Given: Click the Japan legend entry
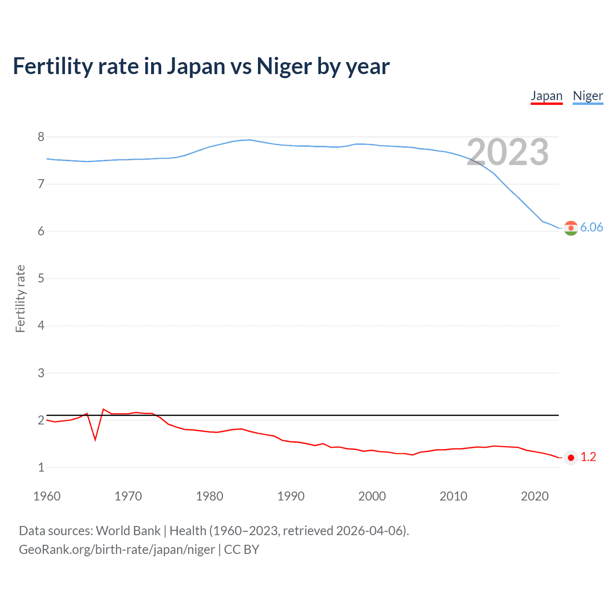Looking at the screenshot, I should tap(546, 96).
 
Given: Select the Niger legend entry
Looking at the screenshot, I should tap(588, 96).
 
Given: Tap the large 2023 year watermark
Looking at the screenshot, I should tap(507, 152).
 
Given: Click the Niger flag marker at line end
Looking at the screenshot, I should tap(571, 228).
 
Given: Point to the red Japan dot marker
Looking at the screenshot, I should tap(571, 458).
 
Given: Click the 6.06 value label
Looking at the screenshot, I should tap(591, 227).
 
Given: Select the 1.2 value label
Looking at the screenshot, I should tap(588, 457).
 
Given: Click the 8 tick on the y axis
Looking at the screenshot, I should tap(41, 137).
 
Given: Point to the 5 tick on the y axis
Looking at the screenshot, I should tap(41, 279).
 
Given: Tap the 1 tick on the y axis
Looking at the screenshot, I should tap(41, 467).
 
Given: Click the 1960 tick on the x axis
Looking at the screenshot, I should tap(47, 496).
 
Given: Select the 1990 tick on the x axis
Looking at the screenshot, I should tap(291, 496).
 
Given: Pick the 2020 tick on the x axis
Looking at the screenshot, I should tap(535, 496).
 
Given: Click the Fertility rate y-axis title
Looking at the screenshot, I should tap(20, 298).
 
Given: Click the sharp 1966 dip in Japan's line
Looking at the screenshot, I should tap(95, 439).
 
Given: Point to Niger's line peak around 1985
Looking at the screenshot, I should tap(249, 140).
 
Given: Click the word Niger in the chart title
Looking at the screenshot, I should tap(284, 66).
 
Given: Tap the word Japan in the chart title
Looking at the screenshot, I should tap(196, 66).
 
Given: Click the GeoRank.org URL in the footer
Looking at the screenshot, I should tap(117, 549).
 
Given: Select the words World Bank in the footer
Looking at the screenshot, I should tap(128, 531).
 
